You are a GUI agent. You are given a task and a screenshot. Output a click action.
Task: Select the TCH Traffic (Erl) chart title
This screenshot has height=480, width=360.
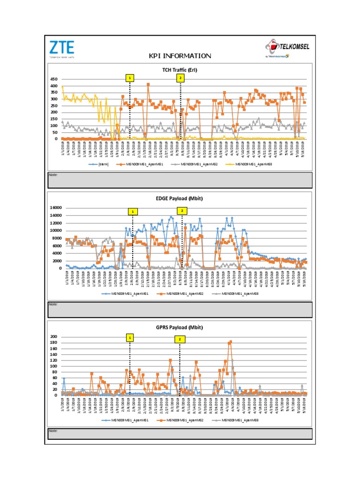(x=180, y=71)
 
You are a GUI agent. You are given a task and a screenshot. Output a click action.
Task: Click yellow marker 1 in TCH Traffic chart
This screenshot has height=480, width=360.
(x=130, y=78)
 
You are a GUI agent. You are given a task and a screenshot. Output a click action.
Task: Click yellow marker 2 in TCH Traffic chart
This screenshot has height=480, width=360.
(x=179, y=78)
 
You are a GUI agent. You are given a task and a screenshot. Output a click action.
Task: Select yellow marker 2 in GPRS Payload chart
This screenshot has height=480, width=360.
(x=179, y=339)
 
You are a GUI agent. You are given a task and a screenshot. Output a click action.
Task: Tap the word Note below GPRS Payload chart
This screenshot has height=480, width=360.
(x=52, y=430)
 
